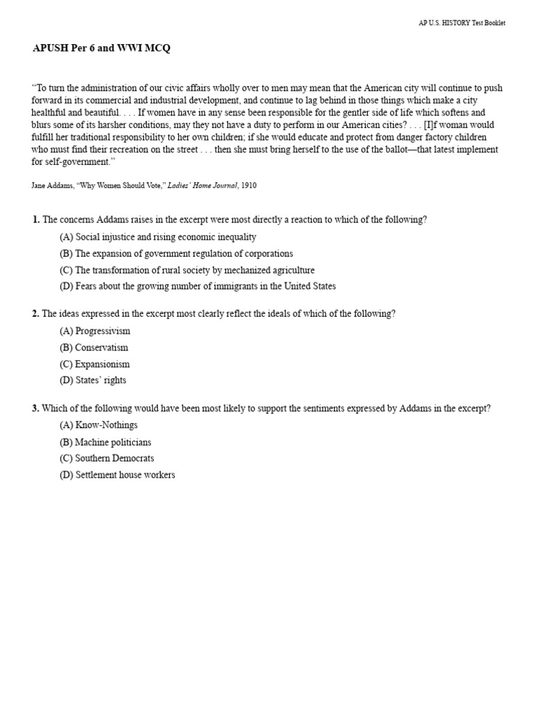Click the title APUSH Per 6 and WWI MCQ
(101, 48)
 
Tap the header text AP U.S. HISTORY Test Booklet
(461, 23)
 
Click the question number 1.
(36, 220)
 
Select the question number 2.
(36, 314)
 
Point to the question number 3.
(36, 408)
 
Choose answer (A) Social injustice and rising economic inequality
(158, 237)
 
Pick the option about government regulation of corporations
(176, 254)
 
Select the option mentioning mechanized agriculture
(187, 270)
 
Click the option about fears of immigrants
(197, 286)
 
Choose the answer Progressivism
(95, 331)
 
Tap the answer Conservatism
(94, 348)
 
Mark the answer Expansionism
(94, 364)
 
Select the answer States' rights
(93, 380)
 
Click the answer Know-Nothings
(99, 425)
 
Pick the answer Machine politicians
(105, 443)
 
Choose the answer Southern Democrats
(107, 459)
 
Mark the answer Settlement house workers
(117, 475)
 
